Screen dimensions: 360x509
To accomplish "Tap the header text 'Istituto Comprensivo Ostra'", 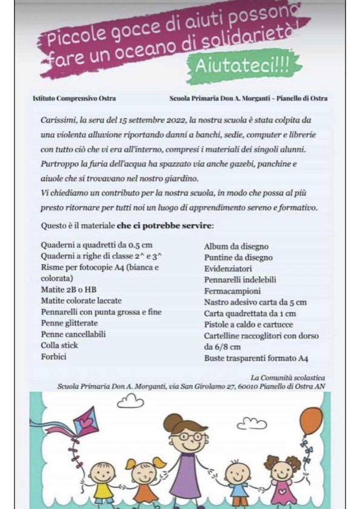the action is [x=74, y=98].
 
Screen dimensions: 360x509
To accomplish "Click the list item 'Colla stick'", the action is [x=59, y=345].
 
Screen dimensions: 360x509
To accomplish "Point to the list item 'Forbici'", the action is [x=53, y=357].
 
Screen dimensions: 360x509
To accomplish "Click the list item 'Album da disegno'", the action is [x=236, y=247].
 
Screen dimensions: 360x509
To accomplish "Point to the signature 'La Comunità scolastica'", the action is [x=288, y=377].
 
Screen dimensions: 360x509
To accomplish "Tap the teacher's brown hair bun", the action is [x=172, y=419].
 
